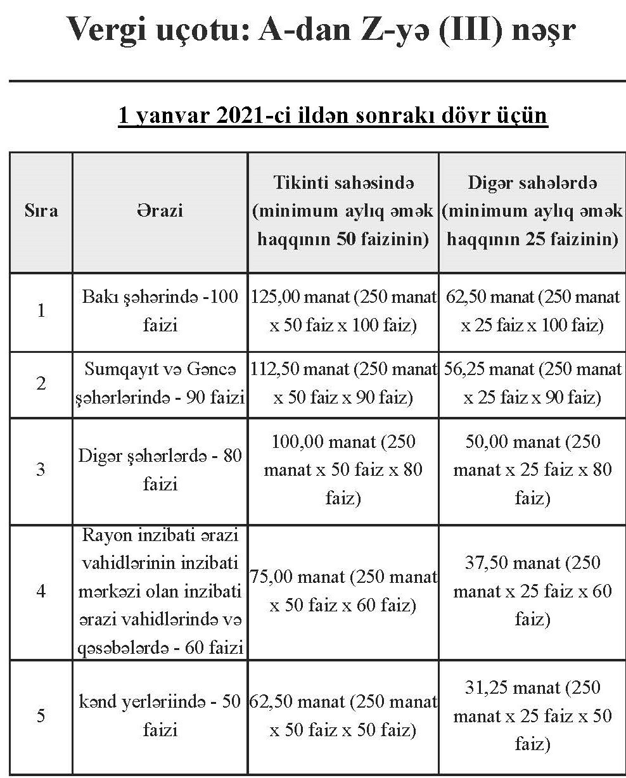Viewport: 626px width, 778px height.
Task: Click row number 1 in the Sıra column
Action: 41,311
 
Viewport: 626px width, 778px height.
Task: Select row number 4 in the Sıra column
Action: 41,591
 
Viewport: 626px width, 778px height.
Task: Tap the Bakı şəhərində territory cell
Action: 160,311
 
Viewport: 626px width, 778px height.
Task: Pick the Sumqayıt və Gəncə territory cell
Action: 160,384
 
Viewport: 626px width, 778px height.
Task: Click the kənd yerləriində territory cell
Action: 160,716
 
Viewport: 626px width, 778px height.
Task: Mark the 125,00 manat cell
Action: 343,311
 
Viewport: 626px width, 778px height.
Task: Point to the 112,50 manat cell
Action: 343,384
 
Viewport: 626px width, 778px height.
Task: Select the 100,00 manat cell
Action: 343,469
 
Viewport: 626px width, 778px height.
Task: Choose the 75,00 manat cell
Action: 343,591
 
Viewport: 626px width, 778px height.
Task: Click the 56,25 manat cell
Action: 532,384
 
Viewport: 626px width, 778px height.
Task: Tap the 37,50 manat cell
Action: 532,591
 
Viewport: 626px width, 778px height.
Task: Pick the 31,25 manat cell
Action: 532,716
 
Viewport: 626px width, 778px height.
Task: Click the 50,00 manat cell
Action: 532,469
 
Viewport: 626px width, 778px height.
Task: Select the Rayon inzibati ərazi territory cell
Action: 160,591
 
